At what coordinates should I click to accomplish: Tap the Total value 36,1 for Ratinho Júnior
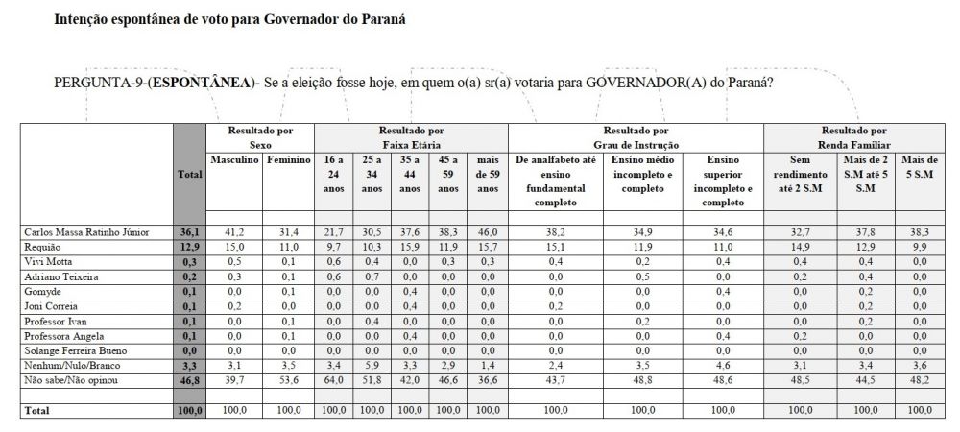pos(189,232)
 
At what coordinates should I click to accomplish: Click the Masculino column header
pos(234,159)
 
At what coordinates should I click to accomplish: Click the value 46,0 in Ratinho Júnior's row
pos(488,232)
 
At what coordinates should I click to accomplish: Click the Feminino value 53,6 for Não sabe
pos(288,380)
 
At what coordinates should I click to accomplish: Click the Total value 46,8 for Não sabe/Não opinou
pos(189,380)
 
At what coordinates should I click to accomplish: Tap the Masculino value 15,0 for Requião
pos(234,247)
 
